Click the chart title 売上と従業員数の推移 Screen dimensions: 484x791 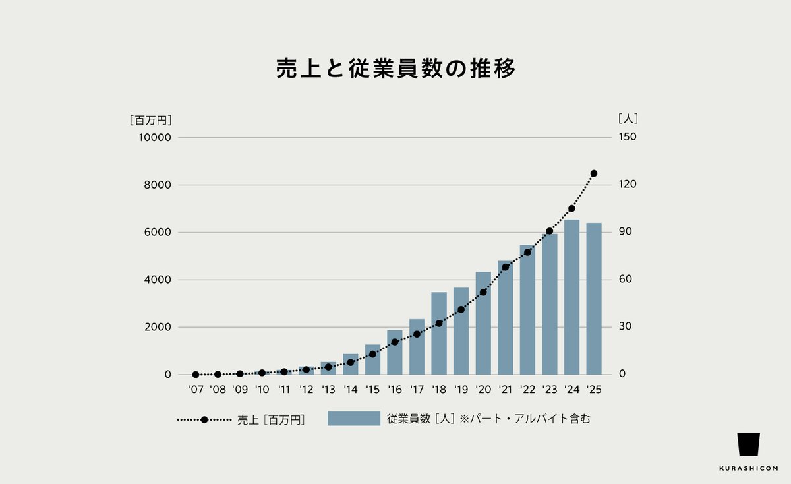click(395, 69)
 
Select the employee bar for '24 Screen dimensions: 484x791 click(571, 297)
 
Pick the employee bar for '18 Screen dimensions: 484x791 click(439, 333)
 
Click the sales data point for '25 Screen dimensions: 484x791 click(594, 173)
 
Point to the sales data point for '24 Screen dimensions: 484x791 click(571, 208)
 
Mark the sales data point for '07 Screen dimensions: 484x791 click(196, 375)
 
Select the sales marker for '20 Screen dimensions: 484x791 click(483, 292)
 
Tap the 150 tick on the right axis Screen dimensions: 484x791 click(628, 137)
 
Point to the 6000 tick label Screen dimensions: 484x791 click(158, 232)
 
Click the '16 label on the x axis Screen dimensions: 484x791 click(394, 390)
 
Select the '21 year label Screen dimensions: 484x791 click(505, 390)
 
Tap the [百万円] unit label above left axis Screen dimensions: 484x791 click(151, 120)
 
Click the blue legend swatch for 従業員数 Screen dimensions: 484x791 click(354, 419)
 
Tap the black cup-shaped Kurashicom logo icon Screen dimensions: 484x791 click(748, 444)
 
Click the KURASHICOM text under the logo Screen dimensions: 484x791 click(748, 469)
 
